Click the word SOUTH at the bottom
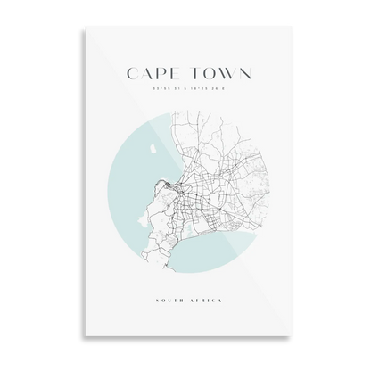pos(168,301)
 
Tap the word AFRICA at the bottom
pos(206,301)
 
